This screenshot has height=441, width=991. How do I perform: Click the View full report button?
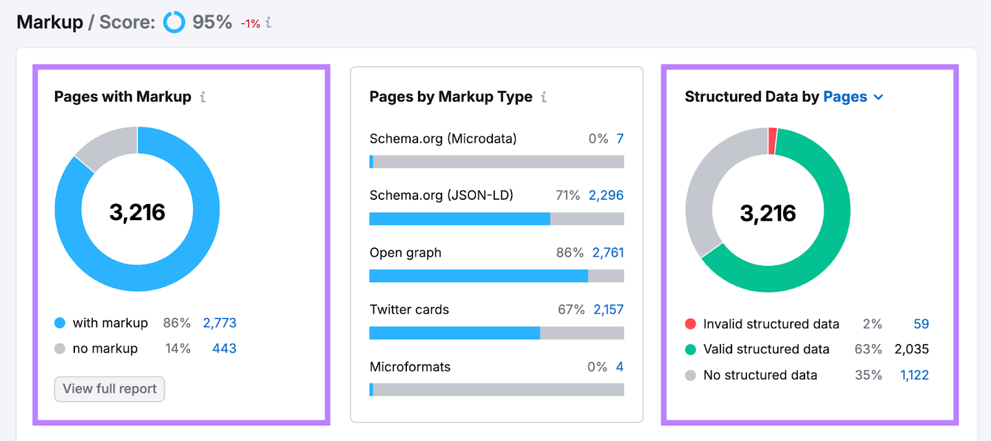pos(110,389)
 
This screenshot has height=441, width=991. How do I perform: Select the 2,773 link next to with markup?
pos(219,323)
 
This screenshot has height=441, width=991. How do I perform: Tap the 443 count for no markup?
pos(224,348)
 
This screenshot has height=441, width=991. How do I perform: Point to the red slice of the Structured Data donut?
pos(772,140)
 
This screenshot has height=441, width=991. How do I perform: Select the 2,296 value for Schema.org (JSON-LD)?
pos(606,195)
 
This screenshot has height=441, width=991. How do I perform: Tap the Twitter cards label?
pos(409,309)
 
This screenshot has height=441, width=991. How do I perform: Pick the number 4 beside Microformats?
pos(619,367)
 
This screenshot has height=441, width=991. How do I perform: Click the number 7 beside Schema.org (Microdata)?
pos(620,139)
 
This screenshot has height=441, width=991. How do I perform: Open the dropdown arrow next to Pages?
pos(878,97)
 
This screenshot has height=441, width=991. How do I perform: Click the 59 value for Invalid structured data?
pos(921,324)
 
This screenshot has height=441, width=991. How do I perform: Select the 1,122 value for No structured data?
pos(914,375)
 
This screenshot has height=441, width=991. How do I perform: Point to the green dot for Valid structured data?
pos(691,349)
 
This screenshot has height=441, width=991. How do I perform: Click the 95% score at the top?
pos(212,22)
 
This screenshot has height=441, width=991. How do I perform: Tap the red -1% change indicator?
pos(250,24)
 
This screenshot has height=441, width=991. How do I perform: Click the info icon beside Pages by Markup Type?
pos(544,97)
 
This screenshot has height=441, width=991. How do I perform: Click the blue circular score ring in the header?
pos(174,22)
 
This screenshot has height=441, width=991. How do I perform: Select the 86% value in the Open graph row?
pos(569,252)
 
